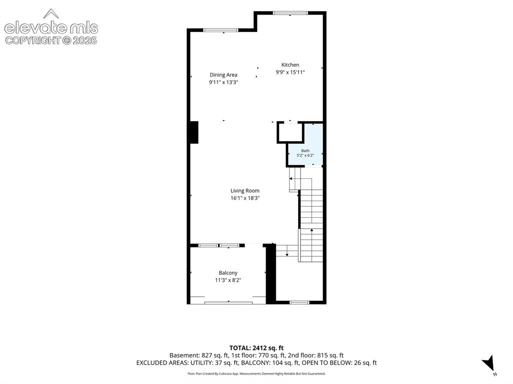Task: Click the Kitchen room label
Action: point(290,65)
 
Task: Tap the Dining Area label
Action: point(223,75)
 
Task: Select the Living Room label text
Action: point(245,191)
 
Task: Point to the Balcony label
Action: point(228,273)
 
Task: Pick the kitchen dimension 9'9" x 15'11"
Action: point(290,72)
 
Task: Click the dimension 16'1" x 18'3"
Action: point(245,198)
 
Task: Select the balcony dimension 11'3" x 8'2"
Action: point(228,280)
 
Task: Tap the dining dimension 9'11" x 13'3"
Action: point(223,83)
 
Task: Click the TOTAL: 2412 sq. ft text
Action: point(256,348)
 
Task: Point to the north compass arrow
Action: point(488,363)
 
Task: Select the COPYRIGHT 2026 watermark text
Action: point(52,41)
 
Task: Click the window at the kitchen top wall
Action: point(291,13)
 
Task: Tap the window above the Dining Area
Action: point(221,30)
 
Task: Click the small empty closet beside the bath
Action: point(290,132)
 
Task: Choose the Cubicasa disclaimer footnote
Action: point(256,373)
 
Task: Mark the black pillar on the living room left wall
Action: point(194,132)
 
